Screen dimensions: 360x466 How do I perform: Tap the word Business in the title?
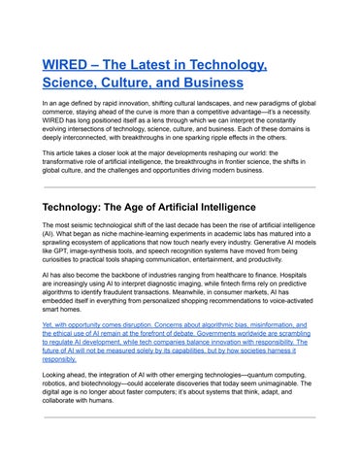tap(230, 84)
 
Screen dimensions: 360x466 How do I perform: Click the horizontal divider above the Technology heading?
tap(180, 186)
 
